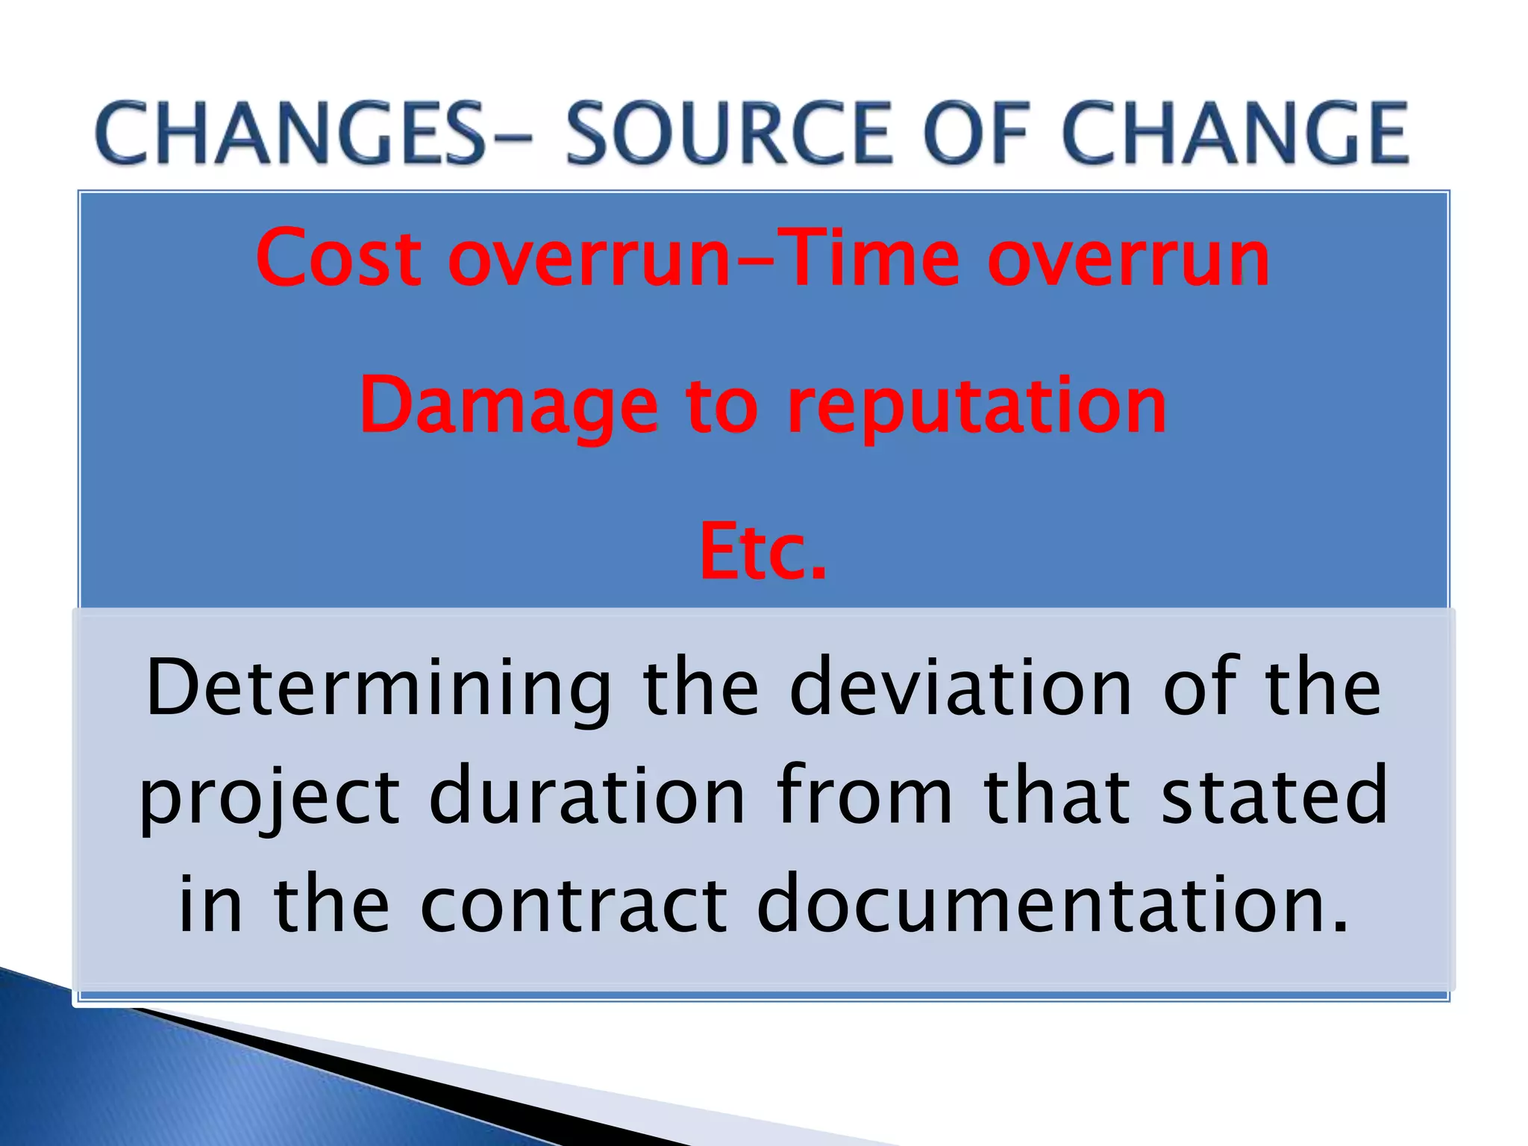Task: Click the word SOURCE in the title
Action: (x=729, y=134)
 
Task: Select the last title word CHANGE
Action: (x=1235, y=134)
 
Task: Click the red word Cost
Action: (x=339, y=258)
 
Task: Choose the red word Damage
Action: (x=509, y=407)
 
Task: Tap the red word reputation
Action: (x=977, y=407)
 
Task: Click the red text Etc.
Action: (x=763, y=552)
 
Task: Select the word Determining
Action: (x=378, y=688)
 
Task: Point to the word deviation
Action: (x=961, y=688)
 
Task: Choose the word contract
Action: (x=574, y=904)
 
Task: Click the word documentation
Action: (x=1053, y=904)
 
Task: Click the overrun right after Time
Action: (x=1128, y=258)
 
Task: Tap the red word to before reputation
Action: (x=721, y=407)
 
